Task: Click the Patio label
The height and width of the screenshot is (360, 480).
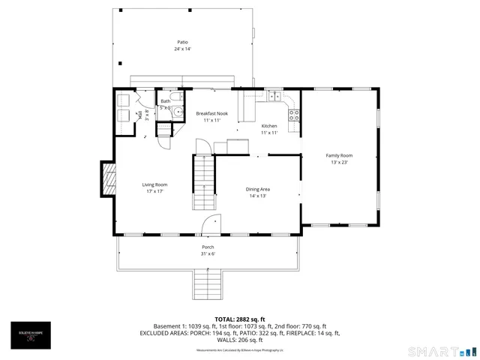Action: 182,42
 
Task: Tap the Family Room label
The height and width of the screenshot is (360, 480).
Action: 339,155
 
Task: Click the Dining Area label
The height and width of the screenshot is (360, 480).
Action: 257,189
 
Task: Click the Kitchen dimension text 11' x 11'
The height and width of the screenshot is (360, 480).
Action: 269,133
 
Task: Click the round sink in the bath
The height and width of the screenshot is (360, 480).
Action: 169,113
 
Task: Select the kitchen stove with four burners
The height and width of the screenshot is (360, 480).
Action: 295,115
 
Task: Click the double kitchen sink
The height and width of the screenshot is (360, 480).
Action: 274,96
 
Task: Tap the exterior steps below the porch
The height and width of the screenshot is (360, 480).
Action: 208,283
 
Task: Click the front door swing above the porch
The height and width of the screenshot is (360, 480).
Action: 212,223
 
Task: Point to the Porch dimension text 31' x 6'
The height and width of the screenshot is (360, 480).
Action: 208,253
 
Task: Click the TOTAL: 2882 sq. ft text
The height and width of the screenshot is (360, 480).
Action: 239,319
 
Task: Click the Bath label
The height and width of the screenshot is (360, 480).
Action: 165,101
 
